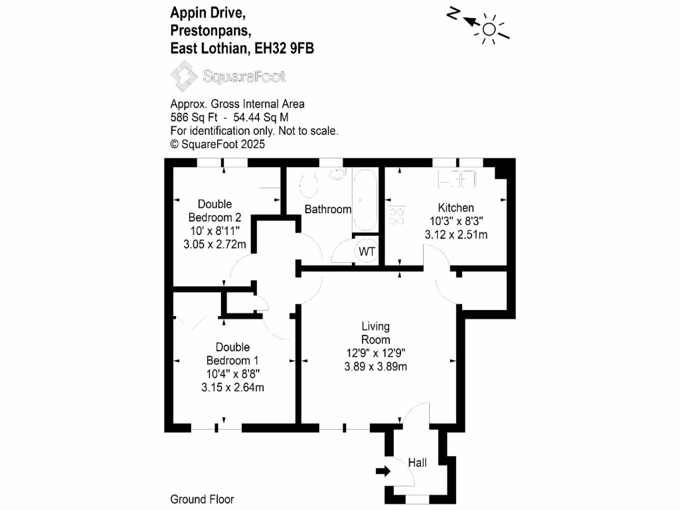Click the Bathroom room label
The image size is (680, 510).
tap(327, 209)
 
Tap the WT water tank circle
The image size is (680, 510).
tap(366, 252)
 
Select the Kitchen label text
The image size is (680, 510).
tap(455, 208)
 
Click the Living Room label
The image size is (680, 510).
tap(375, 333)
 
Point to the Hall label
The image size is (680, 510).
tap(417, 463)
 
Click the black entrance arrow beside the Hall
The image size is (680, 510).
tap(383, 471)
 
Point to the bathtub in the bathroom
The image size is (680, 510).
tap(365, 199)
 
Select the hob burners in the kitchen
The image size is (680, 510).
tap(398, 215)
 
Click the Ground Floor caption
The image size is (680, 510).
tap(202, 499)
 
